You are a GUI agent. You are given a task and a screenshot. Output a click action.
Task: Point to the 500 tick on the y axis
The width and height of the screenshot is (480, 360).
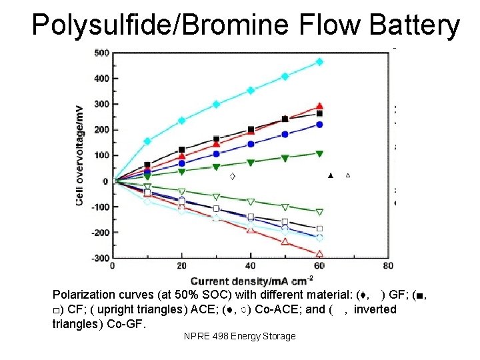pos(102,53)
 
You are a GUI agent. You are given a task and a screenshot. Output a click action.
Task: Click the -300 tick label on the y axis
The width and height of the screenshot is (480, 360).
pos(100,258)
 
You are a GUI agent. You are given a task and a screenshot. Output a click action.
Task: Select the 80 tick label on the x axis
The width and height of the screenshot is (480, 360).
pos(389,266)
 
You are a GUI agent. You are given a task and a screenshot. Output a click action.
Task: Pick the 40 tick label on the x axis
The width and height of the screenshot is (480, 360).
pos(250,266)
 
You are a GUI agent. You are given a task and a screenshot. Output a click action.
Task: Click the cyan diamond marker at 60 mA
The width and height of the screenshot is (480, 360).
pos(319,62)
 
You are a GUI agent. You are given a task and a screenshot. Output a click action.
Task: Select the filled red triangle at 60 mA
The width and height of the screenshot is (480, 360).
pos(319,106)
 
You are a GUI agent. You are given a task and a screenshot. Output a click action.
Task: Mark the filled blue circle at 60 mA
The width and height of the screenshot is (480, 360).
pos(319,125)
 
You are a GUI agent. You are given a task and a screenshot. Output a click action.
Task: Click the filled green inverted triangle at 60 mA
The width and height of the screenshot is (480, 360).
pos(319,153)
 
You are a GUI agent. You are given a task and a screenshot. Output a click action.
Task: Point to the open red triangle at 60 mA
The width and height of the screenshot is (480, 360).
pos(319,253)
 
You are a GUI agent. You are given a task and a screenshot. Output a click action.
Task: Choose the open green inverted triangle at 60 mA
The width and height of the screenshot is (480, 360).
pos(319,212)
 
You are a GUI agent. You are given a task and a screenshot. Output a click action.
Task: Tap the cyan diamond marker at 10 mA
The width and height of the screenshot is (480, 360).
pos(147,141)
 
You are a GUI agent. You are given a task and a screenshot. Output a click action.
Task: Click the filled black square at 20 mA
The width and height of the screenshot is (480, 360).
pos(182,150)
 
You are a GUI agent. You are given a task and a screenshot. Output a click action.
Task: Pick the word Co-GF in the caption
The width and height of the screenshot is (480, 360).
pos(129,324)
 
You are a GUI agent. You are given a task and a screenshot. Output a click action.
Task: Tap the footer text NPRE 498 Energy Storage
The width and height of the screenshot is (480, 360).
pos(239,336)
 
